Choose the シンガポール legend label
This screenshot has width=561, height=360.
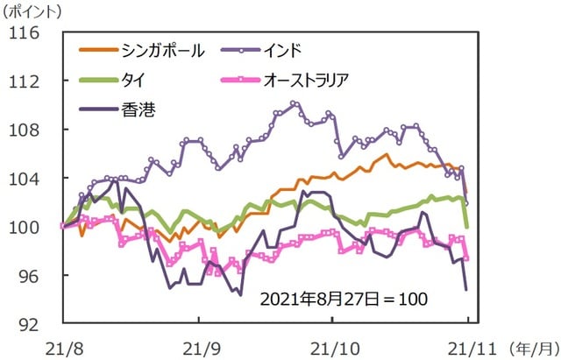[164, 50]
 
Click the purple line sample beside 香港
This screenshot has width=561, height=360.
[96, 109]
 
